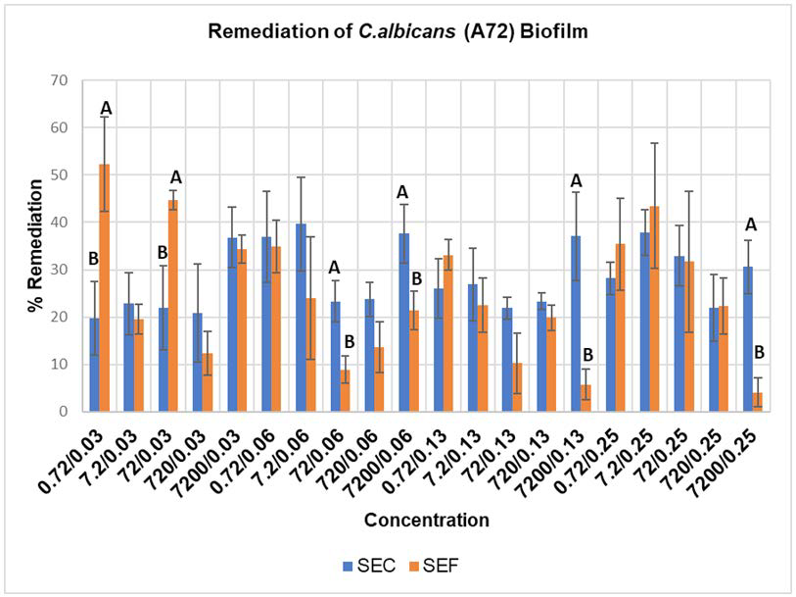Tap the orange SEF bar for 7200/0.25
[758, 402]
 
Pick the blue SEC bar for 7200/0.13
[576, 323]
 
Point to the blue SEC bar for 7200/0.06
[404, 323]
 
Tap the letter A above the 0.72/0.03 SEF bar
[106, 108]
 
